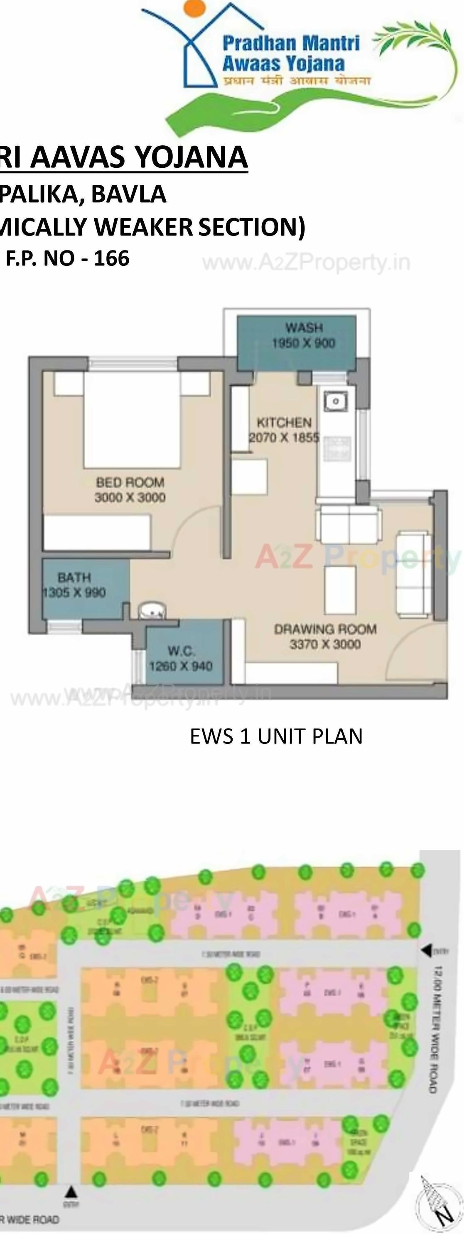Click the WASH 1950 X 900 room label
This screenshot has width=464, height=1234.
[303, 335]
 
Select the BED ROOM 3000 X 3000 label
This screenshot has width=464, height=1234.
[130, 490]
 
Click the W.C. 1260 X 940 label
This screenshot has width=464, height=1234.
[181, 659]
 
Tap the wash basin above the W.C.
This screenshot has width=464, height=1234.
[152, 612]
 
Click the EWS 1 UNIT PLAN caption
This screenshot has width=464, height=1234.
[276, 736]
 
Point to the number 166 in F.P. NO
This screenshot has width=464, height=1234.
[112, 259]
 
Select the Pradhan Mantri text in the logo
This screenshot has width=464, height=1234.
[291, 44]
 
